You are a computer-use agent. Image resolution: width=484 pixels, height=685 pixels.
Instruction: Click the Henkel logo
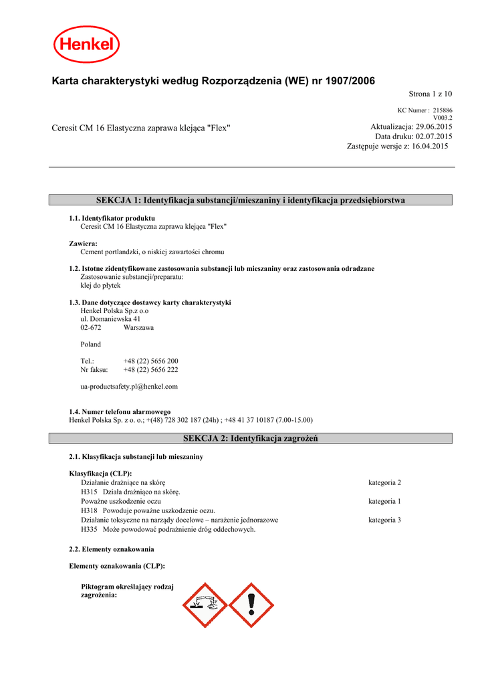point(87,45)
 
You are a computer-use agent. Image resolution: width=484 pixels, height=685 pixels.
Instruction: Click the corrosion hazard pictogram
point(207,604)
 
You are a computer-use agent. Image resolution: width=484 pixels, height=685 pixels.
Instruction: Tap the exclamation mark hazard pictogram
point(251,604)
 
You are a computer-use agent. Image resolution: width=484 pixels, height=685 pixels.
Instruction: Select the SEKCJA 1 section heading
point(251,200)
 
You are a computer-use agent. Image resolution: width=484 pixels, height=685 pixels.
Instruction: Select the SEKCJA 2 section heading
point(251,438)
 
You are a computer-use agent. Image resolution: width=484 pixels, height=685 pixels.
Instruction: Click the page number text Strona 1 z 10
point(431,94)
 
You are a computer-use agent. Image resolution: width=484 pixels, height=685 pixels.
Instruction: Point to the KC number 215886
point(442,110)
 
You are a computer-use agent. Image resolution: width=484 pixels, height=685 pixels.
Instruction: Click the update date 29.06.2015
point(434,127)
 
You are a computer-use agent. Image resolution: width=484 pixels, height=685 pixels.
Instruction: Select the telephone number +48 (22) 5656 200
point(150,361)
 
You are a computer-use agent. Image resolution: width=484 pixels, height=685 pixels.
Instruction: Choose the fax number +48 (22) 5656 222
point(150,369)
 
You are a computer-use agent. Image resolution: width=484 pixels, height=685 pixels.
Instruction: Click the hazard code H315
point(90,491)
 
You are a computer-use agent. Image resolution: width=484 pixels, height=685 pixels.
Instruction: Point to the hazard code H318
point(90,510)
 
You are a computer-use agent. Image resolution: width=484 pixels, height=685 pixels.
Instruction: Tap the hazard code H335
point(90,529)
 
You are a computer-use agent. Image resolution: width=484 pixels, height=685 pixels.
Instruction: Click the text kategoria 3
point(384,520)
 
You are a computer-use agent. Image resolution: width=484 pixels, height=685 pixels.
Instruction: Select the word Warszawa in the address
point(138,328)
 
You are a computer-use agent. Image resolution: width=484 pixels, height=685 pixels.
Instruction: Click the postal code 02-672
point(91,328)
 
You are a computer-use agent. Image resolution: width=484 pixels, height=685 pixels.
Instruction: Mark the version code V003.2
point(443,118)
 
